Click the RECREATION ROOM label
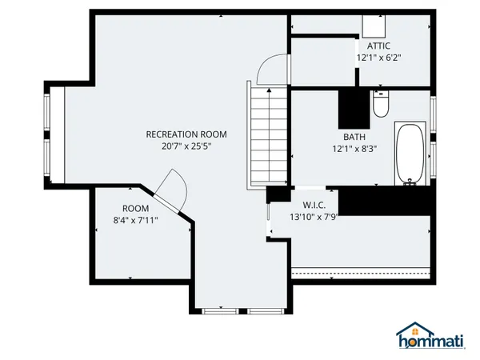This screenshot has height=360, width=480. click(186, 134)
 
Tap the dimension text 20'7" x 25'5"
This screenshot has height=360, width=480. click(186, 146)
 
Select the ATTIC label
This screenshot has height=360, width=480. click(378, 46)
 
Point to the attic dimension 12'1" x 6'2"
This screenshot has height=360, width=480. click(378, 58)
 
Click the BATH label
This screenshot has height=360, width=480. click(354, 136)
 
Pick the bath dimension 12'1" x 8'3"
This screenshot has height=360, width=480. click(354, 148)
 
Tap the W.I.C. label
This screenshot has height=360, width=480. click(312, 204)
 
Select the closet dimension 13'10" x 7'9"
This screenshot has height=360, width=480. click(312, 216)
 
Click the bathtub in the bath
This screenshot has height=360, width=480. click(410, 154)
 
